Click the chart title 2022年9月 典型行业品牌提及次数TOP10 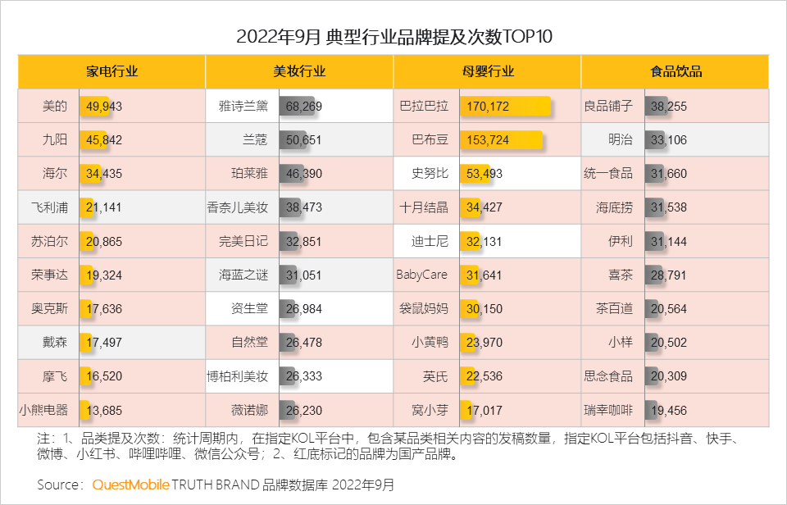[x=393, y=38]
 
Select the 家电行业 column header [x=111, y=71]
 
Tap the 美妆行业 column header [x=299, y=71]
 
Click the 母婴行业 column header [x=488, y=71]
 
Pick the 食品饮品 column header [x=676, y=71]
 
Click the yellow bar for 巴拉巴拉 [x=504, y=106]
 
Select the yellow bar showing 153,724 [x=501, y=140]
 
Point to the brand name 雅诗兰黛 [x=243, y=106]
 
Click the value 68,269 [x=304, y=106]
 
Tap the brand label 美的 [x=54, y=106]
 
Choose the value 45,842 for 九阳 [x=103, y=140]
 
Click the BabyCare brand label [x=422, y=275]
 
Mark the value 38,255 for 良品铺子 [x=668, y=106]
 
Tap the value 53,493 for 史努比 [x=484, y=174]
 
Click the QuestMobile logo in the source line [x=130, y=485]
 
